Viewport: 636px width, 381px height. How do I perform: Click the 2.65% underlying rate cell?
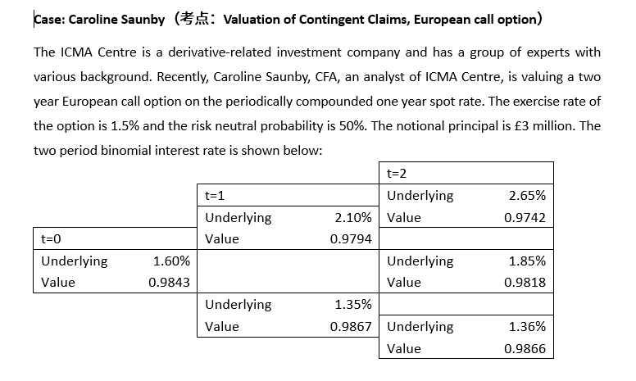[527, 196]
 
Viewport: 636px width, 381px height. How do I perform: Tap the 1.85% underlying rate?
[527, 261]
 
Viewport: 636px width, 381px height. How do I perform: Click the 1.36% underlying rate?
[527, 326]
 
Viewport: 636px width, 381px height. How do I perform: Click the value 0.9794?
[351, 239]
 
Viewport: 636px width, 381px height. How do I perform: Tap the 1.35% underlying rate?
[354, 305]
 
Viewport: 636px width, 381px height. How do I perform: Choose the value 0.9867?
[351, 326]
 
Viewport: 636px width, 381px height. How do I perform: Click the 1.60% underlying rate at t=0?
[172, 261]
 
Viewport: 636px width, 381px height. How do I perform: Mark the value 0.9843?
[170, 283]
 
